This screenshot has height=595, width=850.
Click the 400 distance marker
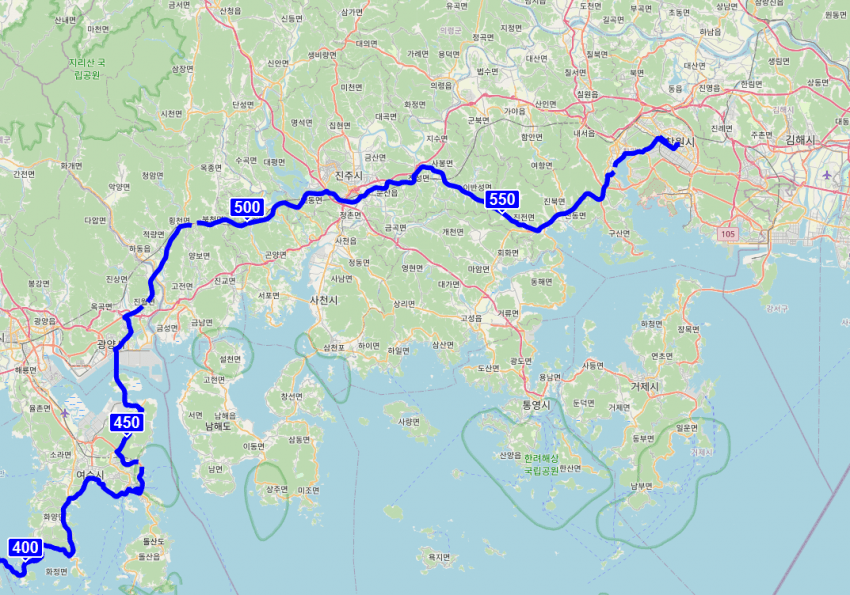tap(26, 548)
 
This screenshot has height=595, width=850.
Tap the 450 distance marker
tap(127, 423)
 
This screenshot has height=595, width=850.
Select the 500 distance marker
tap(246, 208)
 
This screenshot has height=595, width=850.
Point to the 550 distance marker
tap(502, 200)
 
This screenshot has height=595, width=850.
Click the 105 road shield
tap(726, 233)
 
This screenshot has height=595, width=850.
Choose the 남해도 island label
tap(219, 426)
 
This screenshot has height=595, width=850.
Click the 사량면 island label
tap(408, 421)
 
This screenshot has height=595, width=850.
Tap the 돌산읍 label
tap(148, 556)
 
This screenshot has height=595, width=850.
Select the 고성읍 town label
tap(470, 318)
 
